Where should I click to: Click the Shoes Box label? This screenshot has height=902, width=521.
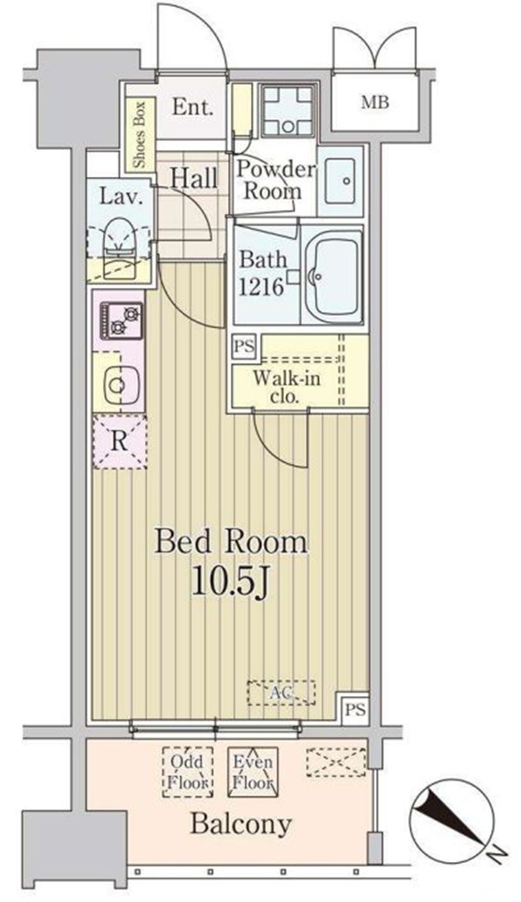(x=140, y=135)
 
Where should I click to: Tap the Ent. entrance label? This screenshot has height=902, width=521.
(x=192, y=108)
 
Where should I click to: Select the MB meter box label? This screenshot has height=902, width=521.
(x=375, y=103)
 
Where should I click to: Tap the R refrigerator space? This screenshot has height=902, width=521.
(x=119, y=442)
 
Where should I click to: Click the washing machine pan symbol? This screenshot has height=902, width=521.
(x=287, y=110)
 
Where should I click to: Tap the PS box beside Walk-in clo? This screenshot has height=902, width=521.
(x=244, y=348)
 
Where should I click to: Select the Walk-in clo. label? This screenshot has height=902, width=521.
(x=287, y=386)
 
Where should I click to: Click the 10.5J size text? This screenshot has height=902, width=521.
(x=231, y=583)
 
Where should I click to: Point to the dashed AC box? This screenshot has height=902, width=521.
(x=281, y=692)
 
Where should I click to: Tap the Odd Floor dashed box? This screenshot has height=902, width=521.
(x=188, y=772)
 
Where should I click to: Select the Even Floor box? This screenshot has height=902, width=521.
(x=253, y=772)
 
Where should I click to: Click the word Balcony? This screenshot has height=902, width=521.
(x=241, y=825)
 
